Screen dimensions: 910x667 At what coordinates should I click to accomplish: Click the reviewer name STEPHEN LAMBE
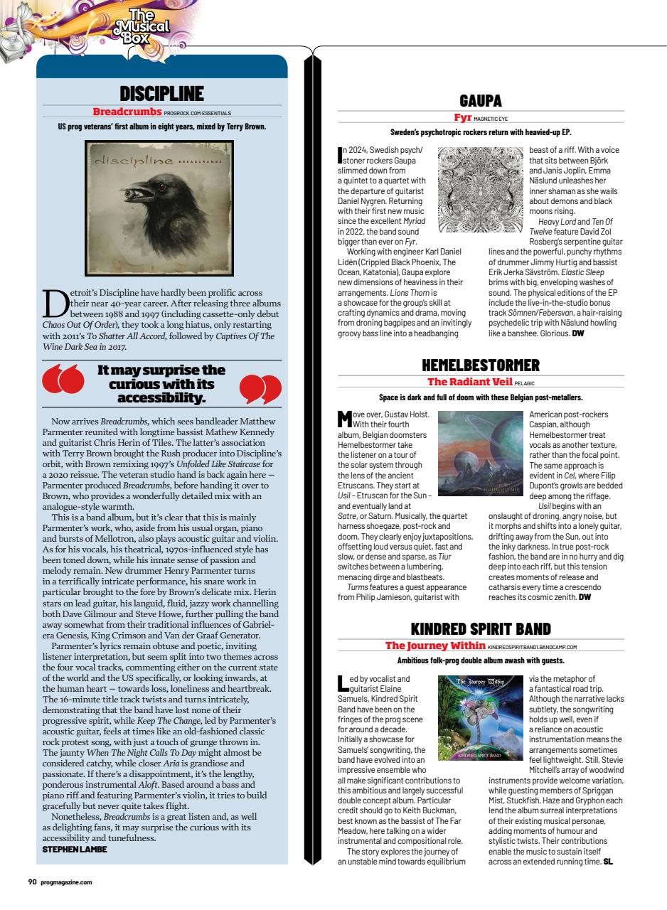pyautogui.click(x=75, y=850)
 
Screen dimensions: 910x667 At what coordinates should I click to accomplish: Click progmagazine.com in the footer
pyautogui.click(x=65, y=882)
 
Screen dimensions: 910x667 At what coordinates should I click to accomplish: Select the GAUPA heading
pyautogui.click(x=481, y=100)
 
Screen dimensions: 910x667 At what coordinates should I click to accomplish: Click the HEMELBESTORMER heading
pyautogui.click(x=481, y=365)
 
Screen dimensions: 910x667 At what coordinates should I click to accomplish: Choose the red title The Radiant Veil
pyautogui.click(x=469, y=382)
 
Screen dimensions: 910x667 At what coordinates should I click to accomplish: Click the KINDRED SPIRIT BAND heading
pyautogui.click(x=481, y=630)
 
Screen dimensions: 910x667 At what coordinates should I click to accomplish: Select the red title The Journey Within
pyautogui.click(x=434, y=646)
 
